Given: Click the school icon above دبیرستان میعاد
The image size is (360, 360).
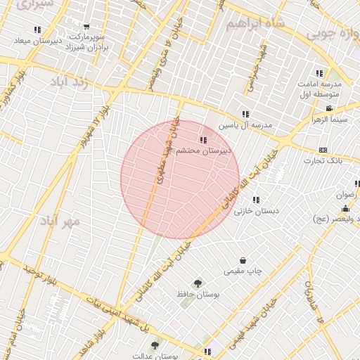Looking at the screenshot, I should (x=37, y=30).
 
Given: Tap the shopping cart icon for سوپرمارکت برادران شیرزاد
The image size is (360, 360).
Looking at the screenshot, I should (x=86, y=27).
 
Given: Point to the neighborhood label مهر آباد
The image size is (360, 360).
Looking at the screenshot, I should (x=61, y=220).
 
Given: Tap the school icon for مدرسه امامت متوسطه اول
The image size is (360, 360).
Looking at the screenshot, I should (x=319, y=73).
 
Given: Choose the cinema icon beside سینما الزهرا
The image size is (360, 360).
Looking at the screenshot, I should (x=328, y=108).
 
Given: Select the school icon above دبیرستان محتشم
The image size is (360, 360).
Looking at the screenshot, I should (x=203, y=140).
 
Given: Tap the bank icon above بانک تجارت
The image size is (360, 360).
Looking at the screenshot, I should (x=323, y=150).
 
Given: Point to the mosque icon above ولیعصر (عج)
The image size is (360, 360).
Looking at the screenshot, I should (x=345, y=209).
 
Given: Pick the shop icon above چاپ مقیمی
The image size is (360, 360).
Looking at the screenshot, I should (x=243, y=260).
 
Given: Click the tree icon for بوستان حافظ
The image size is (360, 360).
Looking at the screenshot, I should (x=198, y=283).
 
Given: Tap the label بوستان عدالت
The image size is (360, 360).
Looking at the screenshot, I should (x=177, y=356).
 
